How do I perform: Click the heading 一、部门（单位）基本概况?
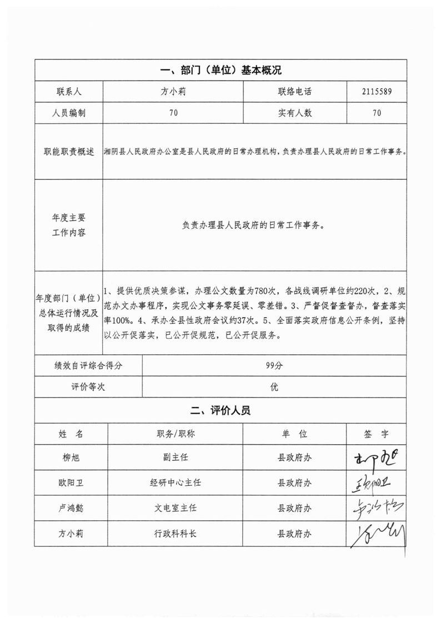(220, 71)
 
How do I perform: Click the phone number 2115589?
(377, 92)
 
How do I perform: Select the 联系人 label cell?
(68, 92)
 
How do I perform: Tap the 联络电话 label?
(295, 92)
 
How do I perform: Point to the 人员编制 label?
(68, 113)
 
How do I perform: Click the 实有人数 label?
(295, 113)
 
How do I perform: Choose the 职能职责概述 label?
(68, 151)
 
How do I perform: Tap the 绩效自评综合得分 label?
(88, 365)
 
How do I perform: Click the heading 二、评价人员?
(220, 411)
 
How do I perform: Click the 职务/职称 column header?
(176, 434)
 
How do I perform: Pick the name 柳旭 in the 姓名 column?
(71, 458)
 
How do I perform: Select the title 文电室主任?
(176, 508)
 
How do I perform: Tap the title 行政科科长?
(176, 534)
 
